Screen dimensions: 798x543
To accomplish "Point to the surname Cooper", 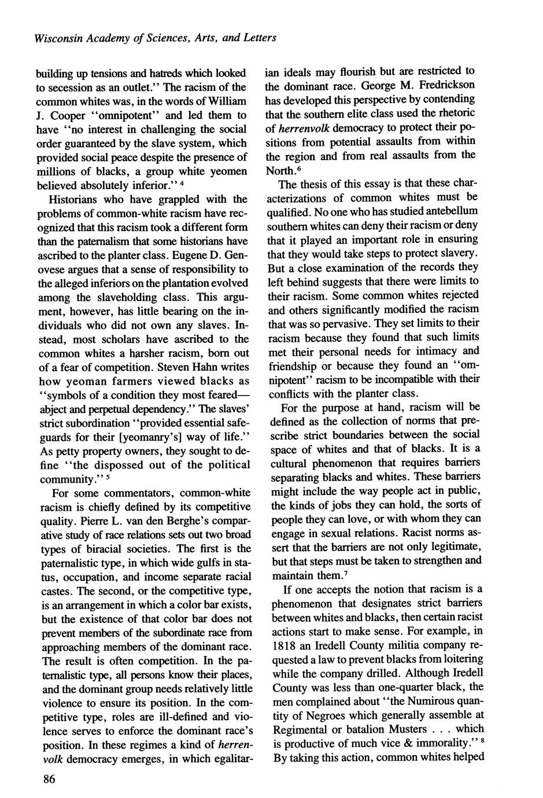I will coord(65,115).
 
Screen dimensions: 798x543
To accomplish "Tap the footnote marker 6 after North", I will coord(300,168).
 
